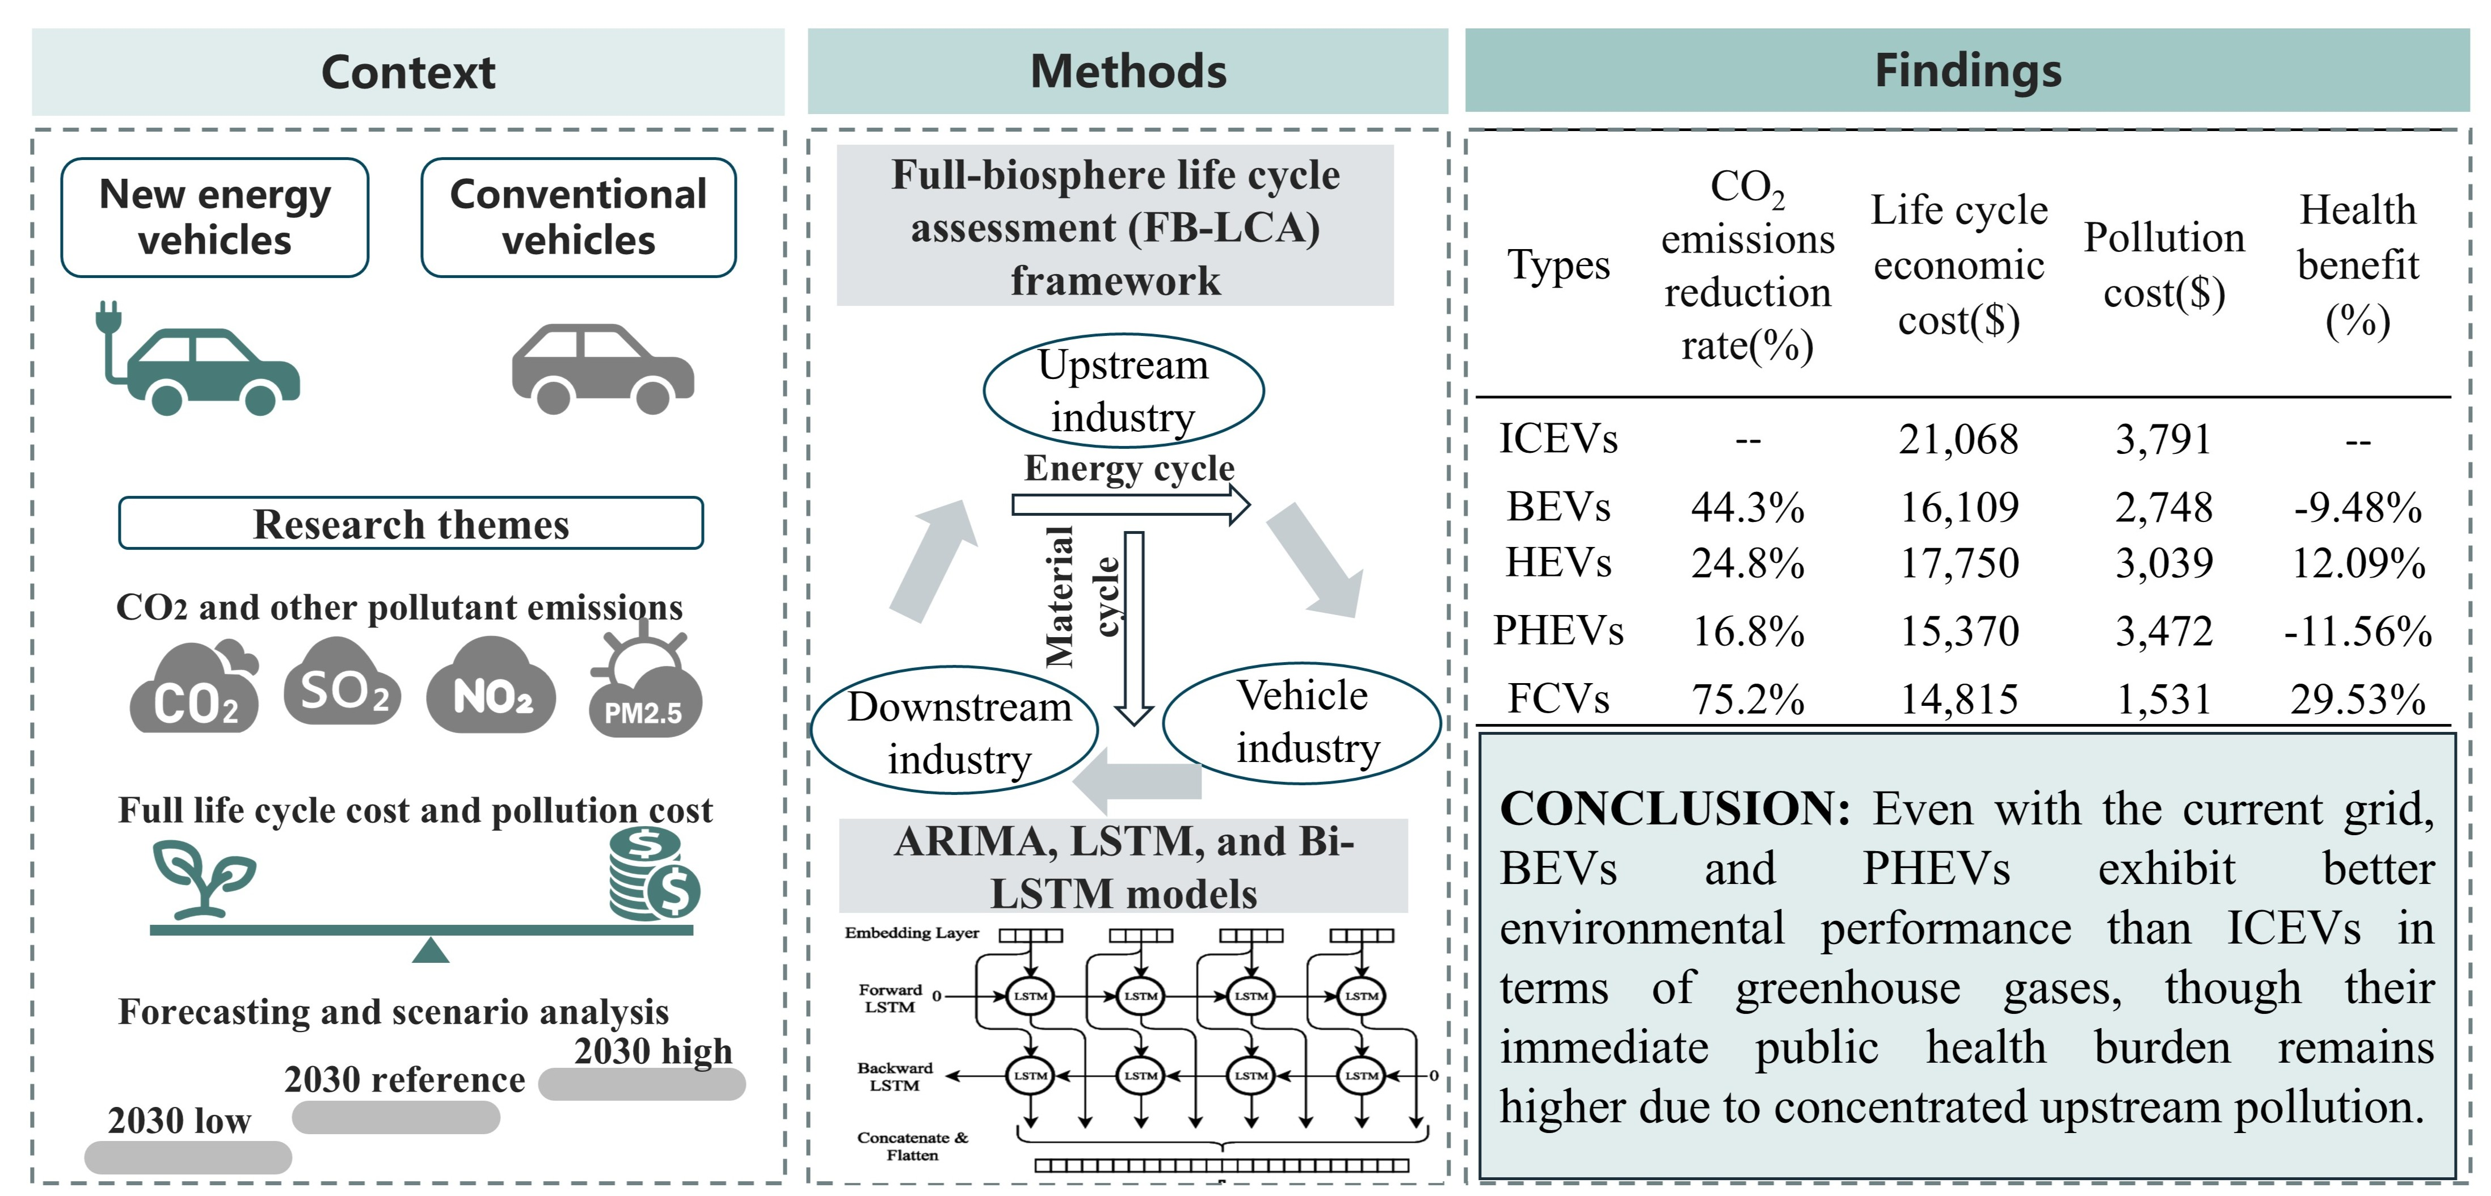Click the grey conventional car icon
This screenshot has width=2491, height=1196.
coord(602,368)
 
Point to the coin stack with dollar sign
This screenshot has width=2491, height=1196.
coord(655,874)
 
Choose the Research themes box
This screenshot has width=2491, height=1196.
coord(411,523)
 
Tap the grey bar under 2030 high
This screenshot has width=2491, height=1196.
coord(642,1084)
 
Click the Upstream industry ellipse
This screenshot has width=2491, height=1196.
coord(1124,390)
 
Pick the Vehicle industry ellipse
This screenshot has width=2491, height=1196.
coord(1301,722)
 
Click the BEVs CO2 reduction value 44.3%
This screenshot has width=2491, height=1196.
coord(1747,507)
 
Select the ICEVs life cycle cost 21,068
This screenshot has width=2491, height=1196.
coord(1958,440)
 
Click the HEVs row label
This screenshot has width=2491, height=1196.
coord(1558,562)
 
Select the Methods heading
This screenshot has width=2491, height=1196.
coord(1128,71)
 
